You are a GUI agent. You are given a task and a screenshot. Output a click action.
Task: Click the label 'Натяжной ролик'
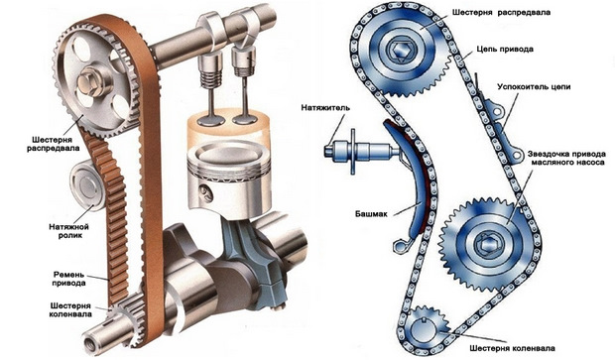point(68,231)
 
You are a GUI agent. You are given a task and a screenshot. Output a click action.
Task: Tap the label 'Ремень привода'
point(68,279)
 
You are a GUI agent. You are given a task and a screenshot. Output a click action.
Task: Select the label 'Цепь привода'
point(505,50)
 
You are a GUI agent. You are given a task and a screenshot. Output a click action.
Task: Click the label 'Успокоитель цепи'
point(534,87)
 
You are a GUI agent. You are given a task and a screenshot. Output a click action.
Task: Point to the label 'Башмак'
point(371,214)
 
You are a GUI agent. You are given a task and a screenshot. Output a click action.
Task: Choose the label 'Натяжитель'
point(325,107)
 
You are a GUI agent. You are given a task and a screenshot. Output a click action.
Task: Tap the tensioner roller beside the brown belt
point(87,185)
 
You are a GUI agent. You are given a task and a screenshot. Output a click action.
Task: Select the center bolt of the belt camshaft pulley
point(87,81)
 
